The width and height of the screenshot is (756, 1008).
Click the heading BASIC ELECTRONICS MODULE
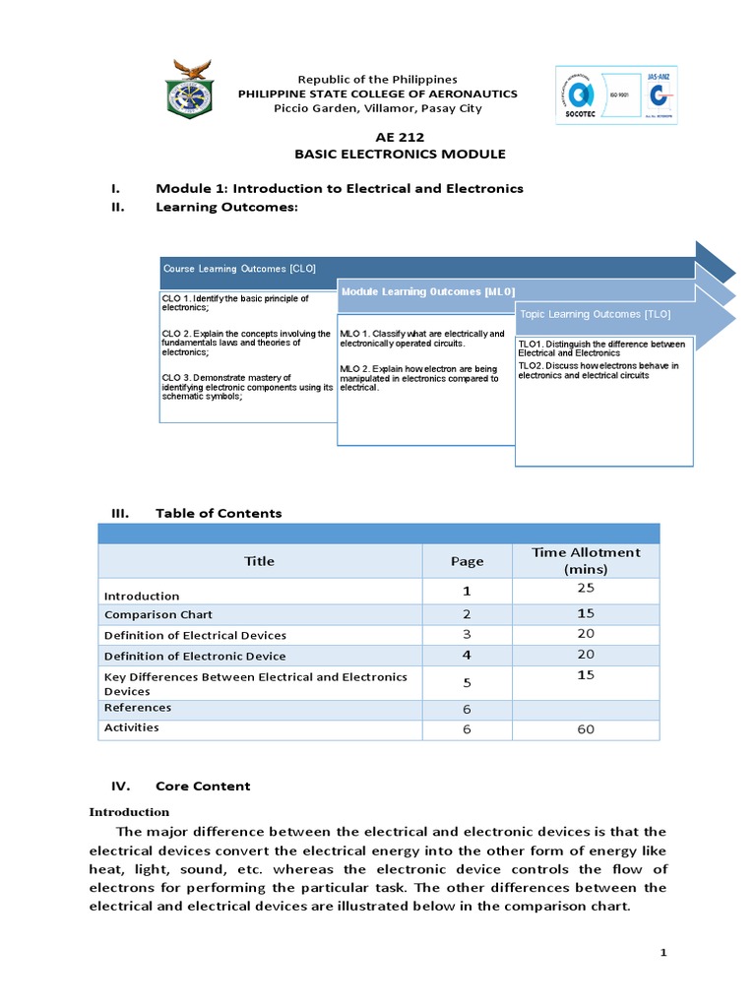400,155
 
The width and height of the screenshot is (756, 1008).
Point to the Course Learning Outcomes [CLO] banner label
239,268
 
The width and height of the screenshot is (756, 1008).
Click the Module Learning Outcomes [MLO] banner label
427,291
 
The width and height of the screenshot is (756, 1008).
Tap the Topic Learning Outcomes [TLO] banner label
596,314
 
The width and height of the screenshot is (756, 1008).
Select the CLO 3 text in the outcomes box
247,386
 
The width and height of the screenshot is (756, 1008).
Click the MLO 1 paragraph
422,339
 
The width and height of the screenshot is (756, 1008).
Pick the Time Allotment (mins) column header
586,560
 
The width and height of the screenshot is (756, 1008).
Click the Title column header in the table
260,561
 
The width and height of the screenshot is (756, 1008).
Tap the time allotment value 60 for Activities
586,729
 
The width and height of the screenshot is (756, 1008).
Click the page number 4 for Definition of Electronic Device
467,656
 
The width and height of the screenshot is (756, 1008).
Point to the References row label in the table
138,708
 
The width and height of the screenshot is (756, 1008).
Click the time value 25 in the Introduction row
586,588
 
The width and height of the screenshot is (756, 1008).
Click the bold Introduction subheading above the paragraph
129,812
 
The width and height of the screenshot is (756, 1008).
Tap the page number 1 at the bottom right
663,953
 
